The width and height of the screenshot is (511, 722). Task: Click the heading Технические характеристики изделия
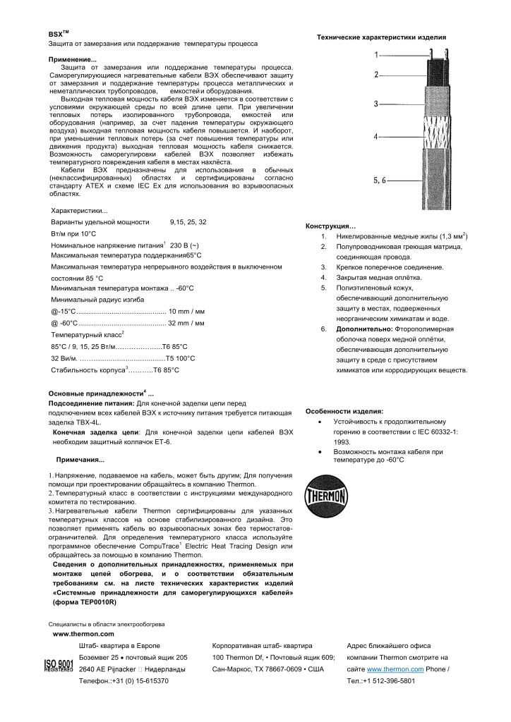point(380,36)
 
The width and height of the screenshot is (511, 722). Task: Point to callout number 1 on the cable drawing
point(376,54)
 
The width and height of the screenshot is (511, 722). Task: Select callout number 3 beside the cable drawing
point(376,104)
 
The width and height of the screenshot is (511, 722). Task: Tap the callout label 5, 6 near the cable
point(380,180)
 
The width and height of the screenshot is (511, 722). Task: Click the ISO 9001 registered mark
point(59,667)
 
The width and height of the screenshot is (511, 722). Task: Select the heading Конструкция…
point(331,226)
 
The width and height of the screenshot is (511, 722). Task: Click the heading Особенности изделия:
point(344,411)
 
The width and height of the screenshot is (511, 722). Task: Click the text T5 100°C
point(180,357)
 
